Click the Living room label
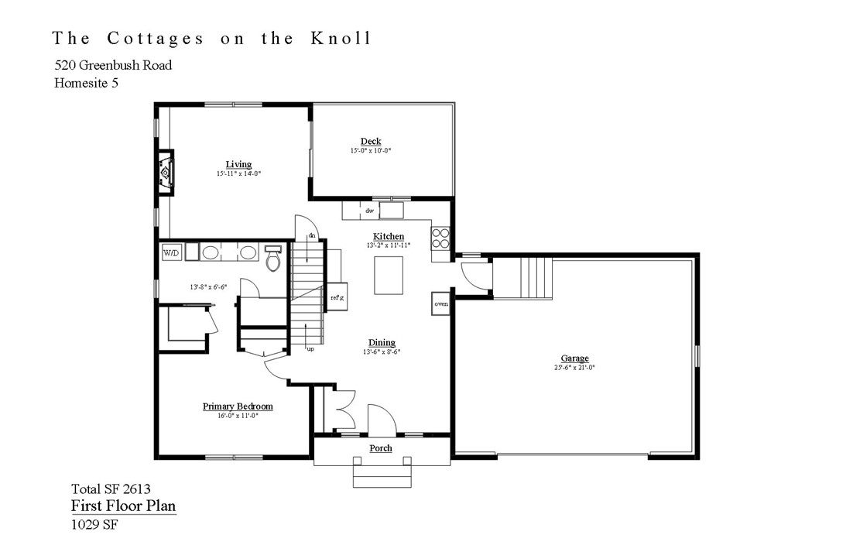(238, 164)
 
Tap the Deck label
(370, 141)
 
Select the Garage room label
(574, 358)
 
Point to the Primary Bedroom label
(238, 406)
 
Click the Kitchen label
(388, 236)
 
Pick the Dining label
(382, 342)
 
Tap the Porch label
(381, 448)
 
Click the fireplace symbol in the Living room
(166, 170)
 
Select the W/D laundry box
(170, 252)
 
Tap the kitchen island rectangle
(388, 275)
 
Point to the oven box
(441, 304)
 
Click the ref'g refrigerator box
(337, 297)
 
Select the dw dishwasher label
(369, 211)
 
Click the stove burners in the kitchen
(440, 237)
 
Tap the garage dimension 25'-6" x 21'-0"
(574, 369)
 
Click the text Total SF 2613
(111, 489)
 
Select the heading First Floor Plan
(123, 506)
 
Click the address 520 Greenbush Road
(113, 65)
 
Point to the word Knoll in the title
(340, 39)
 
